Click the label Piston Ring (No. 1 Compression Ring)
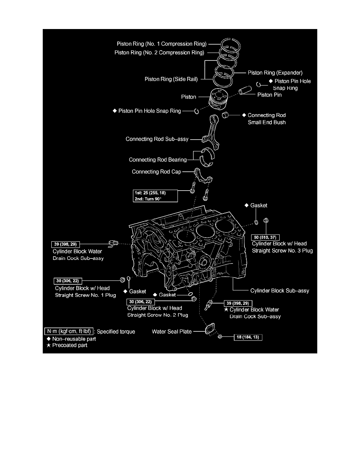tap(162, 44)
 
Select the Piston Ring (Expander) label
tap(275, 73)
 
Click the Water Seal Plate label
tap(172, 331)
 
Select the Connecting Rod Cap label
tap(156, 172)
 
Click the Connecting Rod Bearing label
tap(158, 160)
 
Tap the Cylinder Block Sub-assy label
tap(280, 291)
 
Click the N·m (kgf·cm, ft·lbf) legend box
tap(69, 331)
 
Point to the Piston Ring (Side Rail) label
tap(171, 79)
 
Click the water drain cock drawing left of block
tap(114, 244)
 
